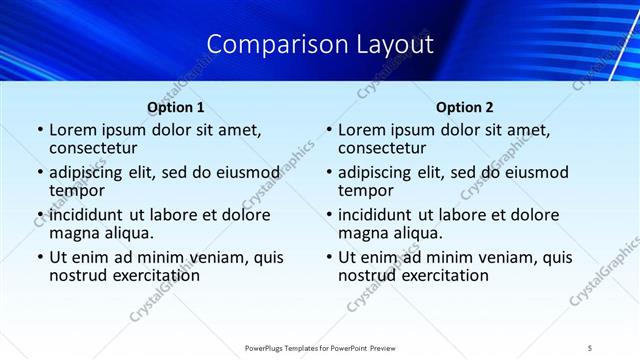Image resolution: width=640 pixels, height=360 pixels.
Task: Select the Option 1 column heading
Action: pyautogui.click(x=175, y=107)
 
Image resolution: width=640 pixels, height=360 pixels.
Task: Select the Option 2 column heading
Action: pyautogui.click(x=464, y=107)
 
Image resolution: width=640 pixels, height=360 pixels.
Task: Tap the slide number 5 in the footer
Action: pyautogui.click(x=590, y=347)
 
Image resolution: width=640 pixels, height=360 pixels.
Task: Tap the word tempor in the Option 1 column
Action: pyautogui.click(x=77, y=189)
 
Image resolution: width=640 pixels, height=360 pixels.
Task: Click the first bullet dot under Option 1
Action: pyautogui.click(x=39, y=131)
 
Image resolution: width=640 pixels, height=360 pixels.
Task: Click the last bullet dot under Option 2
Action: pyautogui.click(x=328, y=257)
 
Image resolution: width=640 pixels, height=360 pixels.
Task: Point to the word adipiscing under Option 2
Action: pyautogui.click(x=378, y=172)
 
